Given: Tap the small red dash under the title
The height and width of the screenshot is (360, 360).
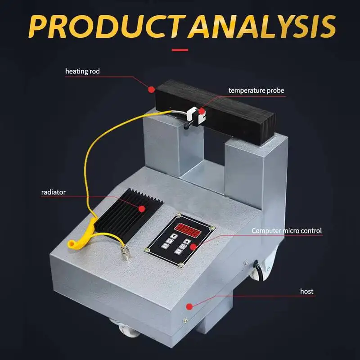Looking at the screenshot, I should click(180, 49).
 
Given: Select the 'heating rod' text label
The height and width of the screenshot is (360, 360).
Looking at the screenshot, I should click(82, 71).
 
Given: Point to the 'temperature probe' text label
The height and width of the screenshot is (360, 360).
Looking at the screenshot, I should click(256, 90).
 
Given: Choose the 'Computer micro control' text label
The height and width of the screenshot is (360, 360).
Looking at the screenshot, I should click(287, 231).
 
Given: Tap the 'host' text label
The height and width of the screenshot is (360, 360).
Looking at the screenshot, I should click(306, 291).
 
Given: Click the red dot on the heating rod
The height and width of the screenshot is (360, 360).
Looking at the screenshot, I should click(152, 89).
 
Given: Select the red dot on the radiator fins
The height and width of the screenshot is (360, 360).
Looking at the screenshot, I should click(142, 208).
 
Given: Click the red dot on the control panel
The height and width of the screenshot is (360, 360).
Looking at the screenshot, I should click(193, 247).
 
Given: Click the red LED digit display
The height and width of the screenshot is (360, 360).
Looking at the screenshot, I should click(188, 232).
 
